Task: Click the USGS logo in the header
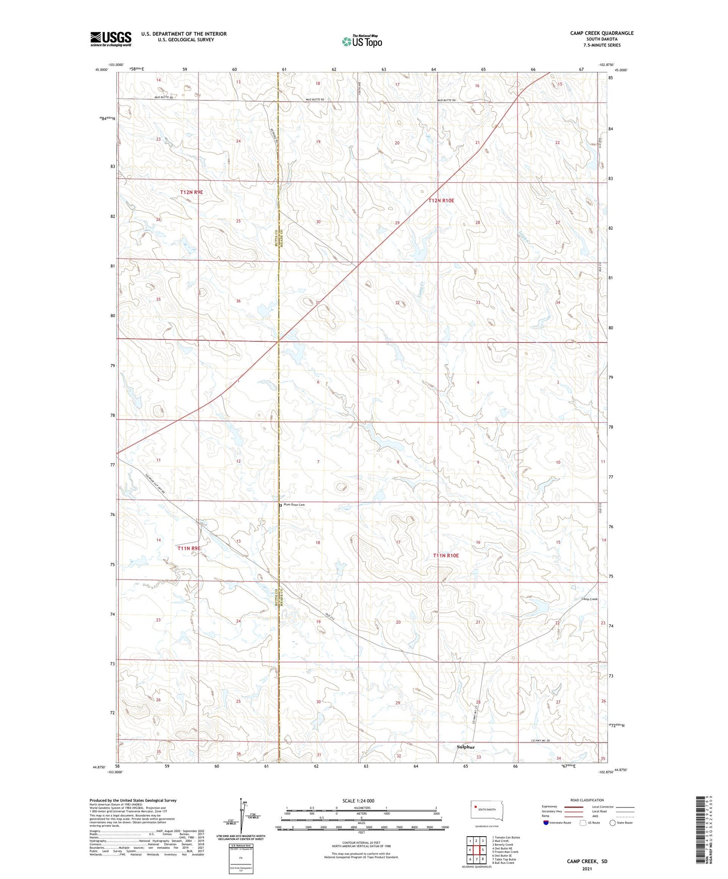click(110, 39)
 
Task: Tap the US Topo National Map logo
click(361, 41)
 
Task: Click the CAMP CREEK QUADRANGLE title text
click(602, 33)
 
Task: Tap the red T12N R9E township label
click(191, 192)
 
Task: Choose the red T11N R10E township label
click(446, 555)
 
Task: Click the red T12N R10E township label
click(441, 200)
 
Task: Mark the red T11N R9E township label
click(189, 548)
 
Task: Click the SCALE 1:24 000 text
click(358, 801)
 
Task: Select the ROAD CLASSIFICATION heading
click(587, 800)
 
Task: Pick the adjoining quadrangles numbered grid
click(476, 849)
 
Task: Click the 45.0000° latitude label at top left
click(102, 70)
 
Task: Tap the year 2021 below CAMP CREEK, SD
click(587, 868)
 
